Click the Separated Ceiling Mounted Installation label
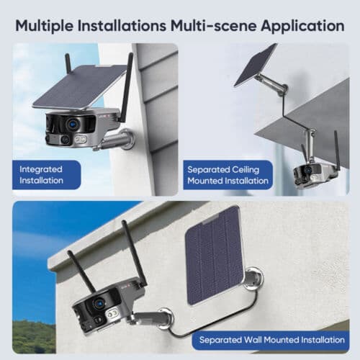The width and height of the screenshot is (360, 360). coord(227,174)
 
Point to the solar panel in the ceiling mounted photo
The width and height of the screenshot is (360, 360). coord(255,65)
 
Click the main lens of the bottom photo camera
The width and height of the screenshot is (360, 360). coord(98,305)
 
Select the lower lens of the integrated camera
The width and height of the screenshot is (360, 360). coord(66,139)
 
